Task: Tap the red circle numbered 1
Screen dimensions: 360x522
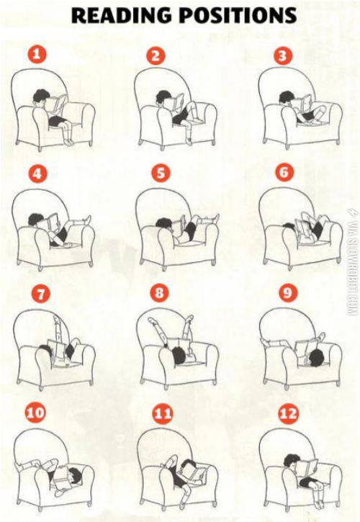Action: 37,55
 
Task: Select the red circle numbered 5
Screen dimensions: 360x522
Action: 161,174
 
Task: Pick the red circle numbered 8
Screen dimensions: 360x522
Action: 160,293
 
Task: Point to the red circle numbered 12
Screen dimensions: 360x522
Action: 288,414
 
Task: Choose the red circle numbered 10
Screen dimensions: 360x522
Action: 35,413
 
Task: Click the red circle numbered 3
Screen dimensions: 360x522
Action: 283,55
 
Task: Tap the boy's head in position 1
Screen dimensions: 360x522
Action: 40,97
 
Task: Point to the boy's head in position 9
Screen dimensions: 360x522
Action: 316,358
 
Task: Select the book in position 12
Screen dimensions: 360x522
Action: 307,468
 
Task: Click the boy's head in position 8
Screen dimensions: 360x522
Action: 179,355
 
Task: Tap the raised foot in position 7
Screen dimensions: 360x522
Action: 55,320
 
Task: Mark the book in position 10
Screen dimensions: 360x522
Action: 60,478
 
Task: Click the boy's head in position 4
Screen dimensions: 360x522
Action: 35,220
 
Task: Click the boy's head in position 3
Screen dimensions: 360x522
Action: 286,97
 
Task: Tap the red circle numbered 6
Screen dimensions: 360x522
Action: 284,173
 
